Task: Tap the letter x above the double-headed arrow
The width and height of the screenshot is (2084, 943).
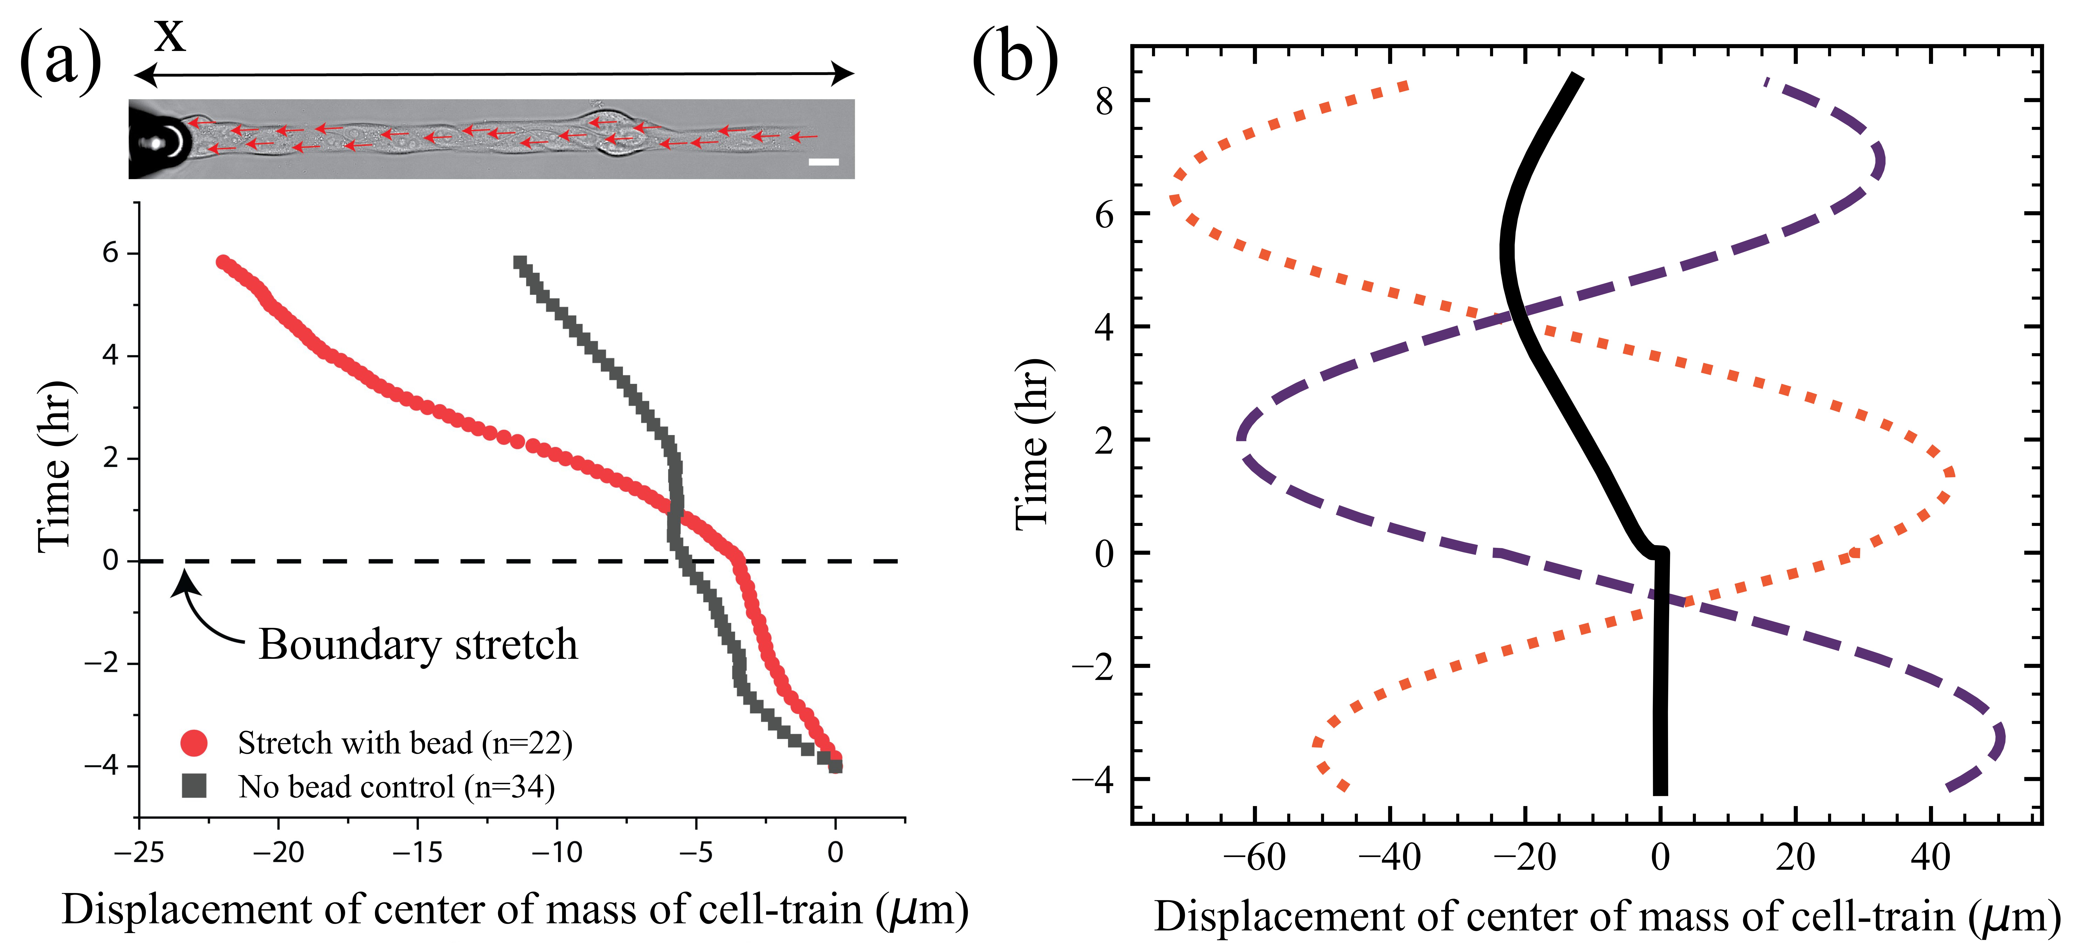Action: tap(170, 34)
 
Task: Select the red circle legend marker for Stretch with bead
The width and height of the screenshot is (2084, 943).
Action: tap(194, 742)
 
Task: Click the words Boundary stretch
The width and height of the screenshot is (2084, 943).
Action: tap(418, 645)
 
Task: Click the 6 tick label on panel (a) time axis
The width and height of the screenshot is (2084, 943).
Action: tap(110, 253)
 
